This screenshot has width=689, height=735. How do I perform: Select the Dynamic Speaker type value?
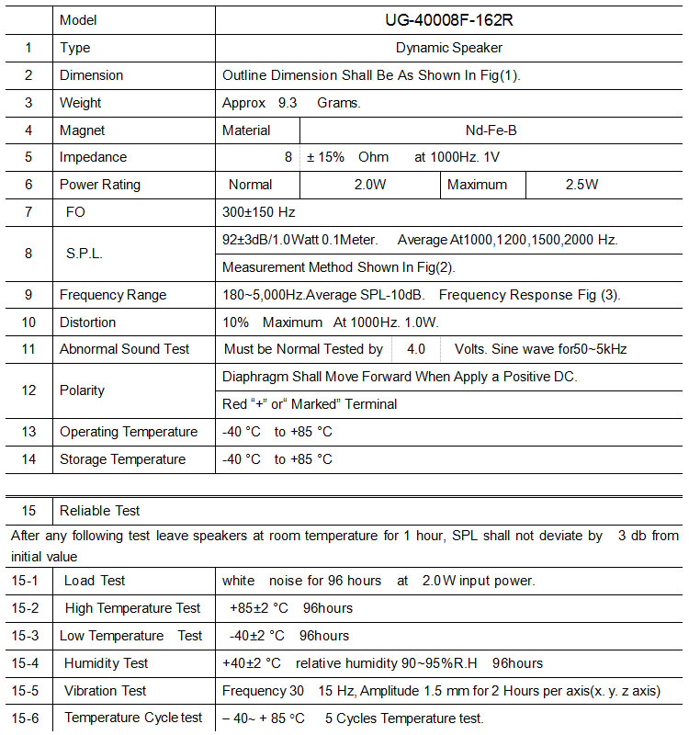coord(449,48)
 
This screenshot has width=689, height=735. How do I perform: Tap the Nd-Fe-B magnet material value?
coord(491,130)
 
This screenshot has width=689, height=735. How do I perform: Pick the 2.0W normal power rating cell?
coord(370,185)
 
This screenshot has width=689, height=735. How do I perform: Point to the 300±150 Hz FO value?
coord(259,212)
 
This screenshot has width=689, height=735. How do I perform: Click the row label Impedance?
coord(94,157)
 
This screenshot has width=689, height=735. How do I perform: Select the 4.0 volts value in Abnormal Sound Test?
coord(416,349)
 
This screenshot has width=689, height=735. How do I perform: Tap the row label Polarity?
coord(83,390)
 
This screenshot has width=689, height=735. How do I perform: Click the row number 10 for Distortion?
coord(28,322)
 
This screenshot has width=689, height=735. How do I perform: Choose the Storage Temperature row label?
coord(122,459)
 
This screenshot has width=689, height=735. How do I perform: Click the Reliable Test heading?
coord(100,511)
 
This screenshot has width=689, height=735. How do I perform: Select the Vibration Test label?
coord(106,691)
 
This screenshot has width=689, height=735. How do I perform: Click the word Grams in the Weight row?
coord(339,103)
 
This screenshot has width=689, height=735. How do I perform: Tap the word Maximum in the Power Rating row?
coord(477,185)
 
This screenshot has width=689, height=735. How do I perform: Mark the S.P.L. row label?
coord(84,253)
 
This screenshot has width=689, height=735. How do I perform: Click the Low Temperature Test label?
coord(131,636)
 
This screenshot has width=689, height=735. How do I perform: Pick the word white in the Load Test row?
coord(239,581)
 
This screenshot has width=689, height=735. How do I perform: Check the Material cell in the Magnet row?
coord(246,130)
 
